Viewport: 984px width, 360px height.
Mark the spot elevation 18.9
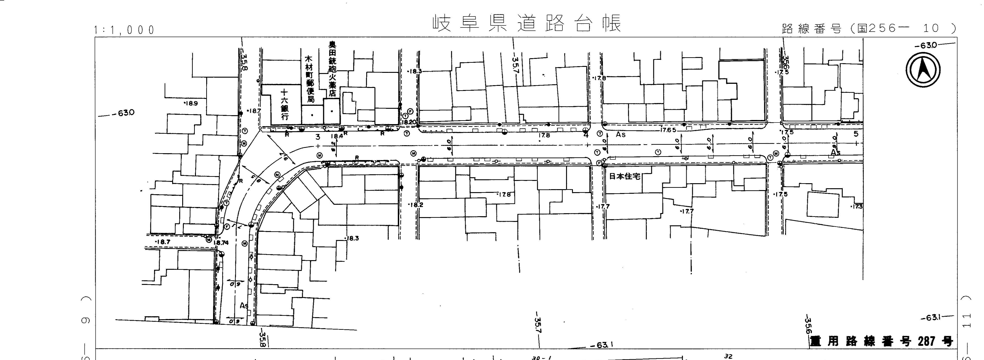click(x=191, y=103)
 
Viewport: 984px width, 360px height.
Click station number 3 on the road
click(x=317, y=136)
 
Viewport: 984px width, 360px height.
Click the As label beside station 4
click(x=621, y=134)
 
